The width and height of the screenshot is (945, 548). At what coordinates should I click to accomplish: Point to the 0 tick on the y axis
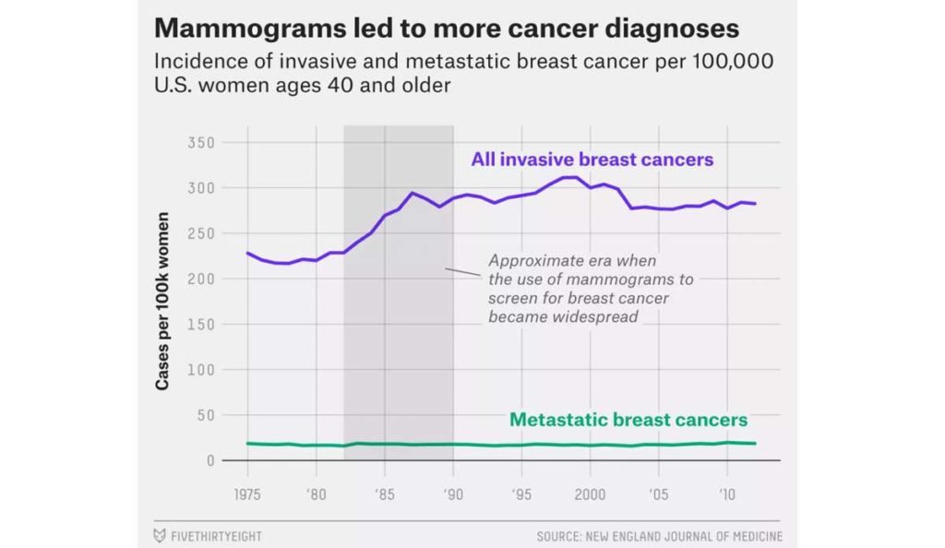(210, 459)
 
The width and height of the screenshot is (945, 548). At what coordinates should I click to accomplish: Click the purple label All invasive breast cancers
(592, 160)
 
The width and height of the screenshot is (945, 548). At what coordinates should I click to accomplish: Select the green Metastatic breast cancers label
(628, 420)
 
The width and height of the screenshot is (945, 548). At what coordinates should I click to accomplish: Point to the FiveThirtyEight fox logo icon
(159, 535)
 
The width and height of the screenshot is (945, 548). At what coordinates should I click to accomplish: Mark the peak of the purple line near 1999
(570, 177)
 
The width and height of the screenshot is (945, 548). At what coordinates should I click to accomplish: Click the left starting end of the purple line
(247, 252)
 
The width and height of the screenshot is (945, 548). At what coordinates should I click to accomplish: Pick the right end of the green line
(755, 444)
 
